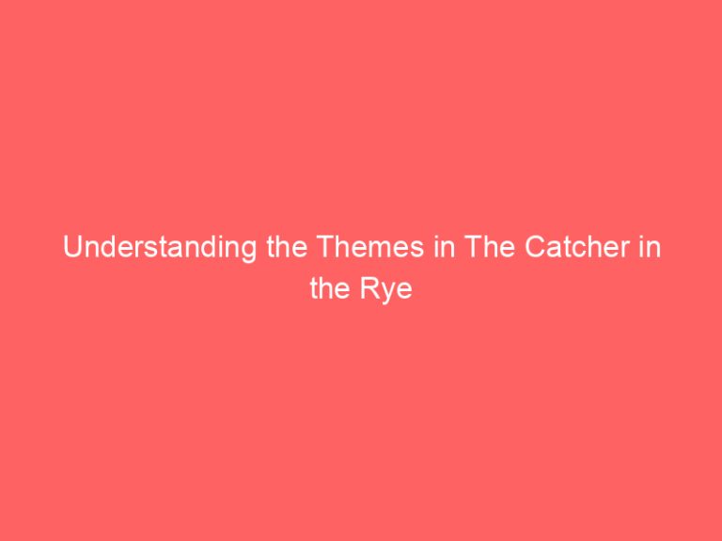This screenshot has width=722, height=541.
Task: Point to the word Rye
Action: tap(393, 288)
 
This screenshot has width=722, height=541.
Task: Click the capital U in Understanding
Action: tap(71, 250)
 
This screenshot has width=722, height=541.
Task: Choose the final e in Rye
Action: tap(407, 289)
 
